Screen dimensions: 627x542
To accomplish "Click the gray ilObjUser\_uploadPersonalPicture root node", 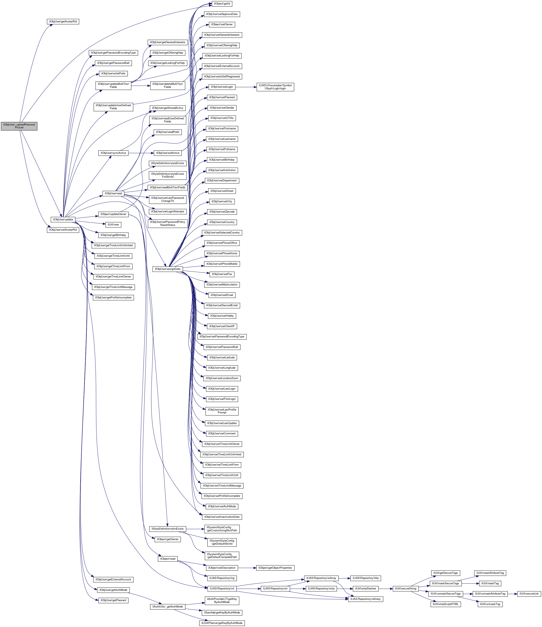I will click(19, 126).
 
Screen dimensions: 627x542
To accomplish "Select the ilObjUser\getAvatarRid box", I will click(63, 22).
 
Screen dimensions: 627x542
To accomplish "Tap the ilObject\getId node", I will click(222, 4).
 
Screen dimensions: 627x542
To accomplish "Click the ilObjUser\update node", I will click(63, 219).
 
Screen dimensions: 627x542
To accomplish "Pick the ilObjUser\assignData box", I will click(167, 269).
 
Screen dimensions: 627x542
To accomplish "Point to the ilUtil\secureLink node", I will click(529, 594).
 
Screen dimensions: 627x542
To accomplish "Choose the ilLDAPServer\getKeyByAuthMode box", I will click(222, 623).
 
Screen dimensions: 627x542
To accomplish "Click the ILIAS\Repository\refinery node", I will click(366, 599).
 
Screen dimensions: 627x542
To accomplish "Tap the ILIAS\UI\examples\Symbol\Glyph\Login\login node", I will click(275, 87).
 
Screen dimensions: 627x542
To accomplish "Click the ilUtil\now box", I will click(113, 224).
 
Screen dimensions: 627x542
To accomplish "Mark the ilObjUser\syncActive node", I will click(113, 153).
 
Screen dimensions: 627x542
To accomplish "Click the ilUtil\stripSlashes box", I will click(366, 589).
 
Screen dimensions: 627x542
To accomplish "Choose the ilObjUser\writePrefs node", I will click(113, 74).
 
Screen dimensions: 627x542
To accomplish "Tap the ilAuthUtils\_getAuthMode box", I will click(167, 607).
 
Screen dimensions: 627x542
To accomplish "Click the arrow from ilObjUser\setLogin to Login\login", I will click(246, 87).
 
